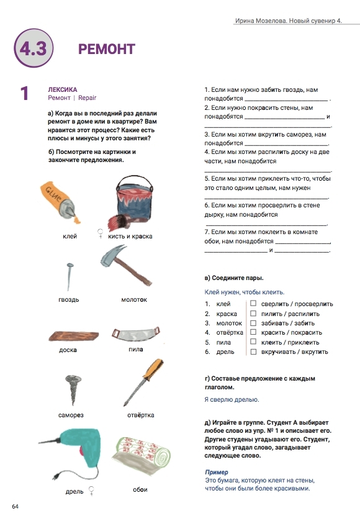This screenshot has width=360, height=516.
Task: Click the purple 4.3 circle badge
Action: coord(34,48)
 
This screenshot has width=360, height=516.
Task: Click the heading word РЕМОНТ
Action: coord(107,49)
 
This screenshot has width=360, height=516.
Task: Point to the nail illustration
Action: coord(69,276)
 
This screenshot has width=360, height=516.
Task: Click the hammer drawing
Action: coord(126,265)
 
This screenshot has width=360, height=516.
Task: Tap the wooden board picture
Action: coord(73,336)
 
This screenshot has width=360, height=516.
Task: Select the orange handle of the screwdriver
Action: coord(153,369)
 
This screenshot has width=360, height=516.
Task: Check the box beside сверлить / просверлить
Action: coord(253,303)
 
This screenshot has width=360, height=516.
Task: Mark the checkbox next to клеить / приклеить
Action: coord(253,342)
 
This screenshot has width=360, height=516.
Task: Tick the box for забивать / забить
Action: coord(253,322)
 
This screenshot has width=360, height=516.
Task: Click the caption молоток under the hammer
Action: coord(134,299)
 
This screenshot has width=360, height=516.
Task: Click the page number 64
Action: coord(15,506)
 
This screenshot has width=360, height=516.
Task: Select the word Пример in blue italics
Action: coord(216,472)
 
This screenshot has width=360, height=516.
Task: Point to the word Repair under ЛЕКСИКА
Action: coord(87,97)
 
